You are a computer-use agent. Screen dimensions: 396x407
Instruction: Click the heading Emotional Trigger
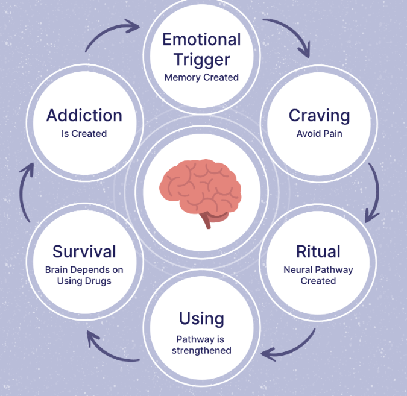click(201, 49)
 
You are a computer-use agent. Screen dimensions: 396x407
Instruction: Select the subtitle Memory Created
click(201, 77)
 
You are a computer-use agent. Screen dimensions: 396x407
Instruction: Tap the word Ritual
click(318, 251)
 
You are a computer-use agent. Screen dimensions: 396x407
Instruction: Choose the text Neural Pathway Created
click(318, 275)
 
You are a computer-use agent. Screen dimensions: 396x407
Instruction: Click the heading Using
click(201, 318)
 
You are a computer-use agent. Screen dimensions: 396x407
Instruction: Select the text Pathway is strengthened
click(201, 345)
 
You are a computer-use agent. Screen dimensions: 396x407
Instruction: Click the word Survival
click(84, 251)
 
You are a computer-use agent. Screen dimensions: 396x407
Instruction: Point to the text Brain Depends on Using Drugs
click(84, 275)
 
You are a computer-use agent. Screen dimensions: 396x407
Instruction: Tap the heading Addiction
click(84, 115)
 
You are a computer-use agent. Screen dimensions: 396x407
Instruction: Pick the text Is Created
click(84, 134)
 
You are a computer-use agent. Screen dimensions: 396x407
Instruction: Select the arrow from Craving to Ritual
click(374, 189)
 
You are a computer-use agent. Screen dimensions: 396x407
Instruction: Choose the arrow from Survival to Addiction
click(24, 193)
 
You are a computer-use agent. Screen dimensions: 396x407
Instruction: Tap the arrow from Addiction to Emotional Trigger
click(112, 33)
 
